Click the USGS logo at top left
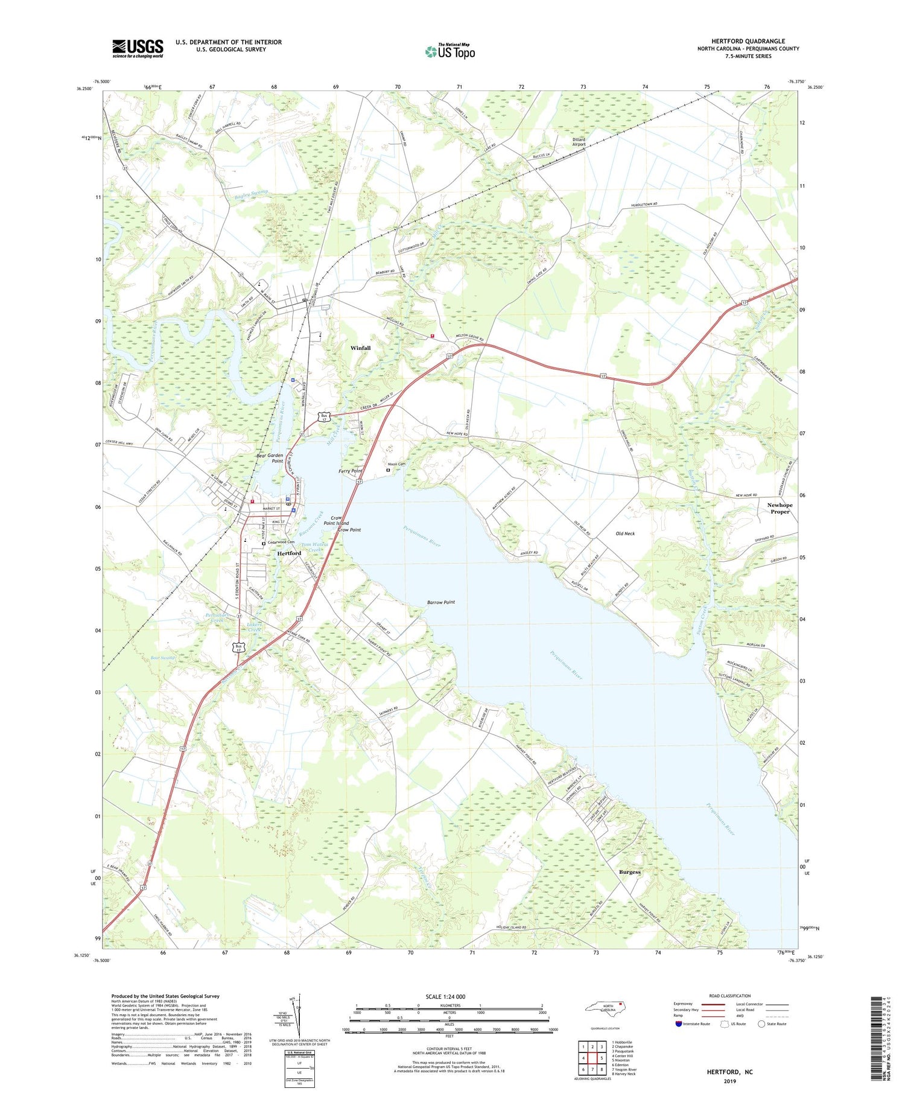point(138,48)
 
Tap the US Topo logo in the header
point(449,51)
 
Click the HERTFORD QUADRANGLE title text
point(748,41)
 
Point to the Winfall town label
point(361,348)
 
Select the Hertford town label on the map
point(289,553)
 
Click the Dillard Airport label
point(579,142)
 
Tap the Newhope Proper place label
point(780,508)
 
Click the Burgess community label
point(629,872)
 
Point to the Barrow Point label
point(441,602)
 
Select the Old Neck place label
point(625,533)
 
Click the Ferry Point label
point(351,471)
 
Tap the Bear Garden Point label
point(270,458)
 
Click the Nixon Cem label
point(396,464)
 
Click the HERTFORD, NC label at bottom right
point(729,1072)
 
